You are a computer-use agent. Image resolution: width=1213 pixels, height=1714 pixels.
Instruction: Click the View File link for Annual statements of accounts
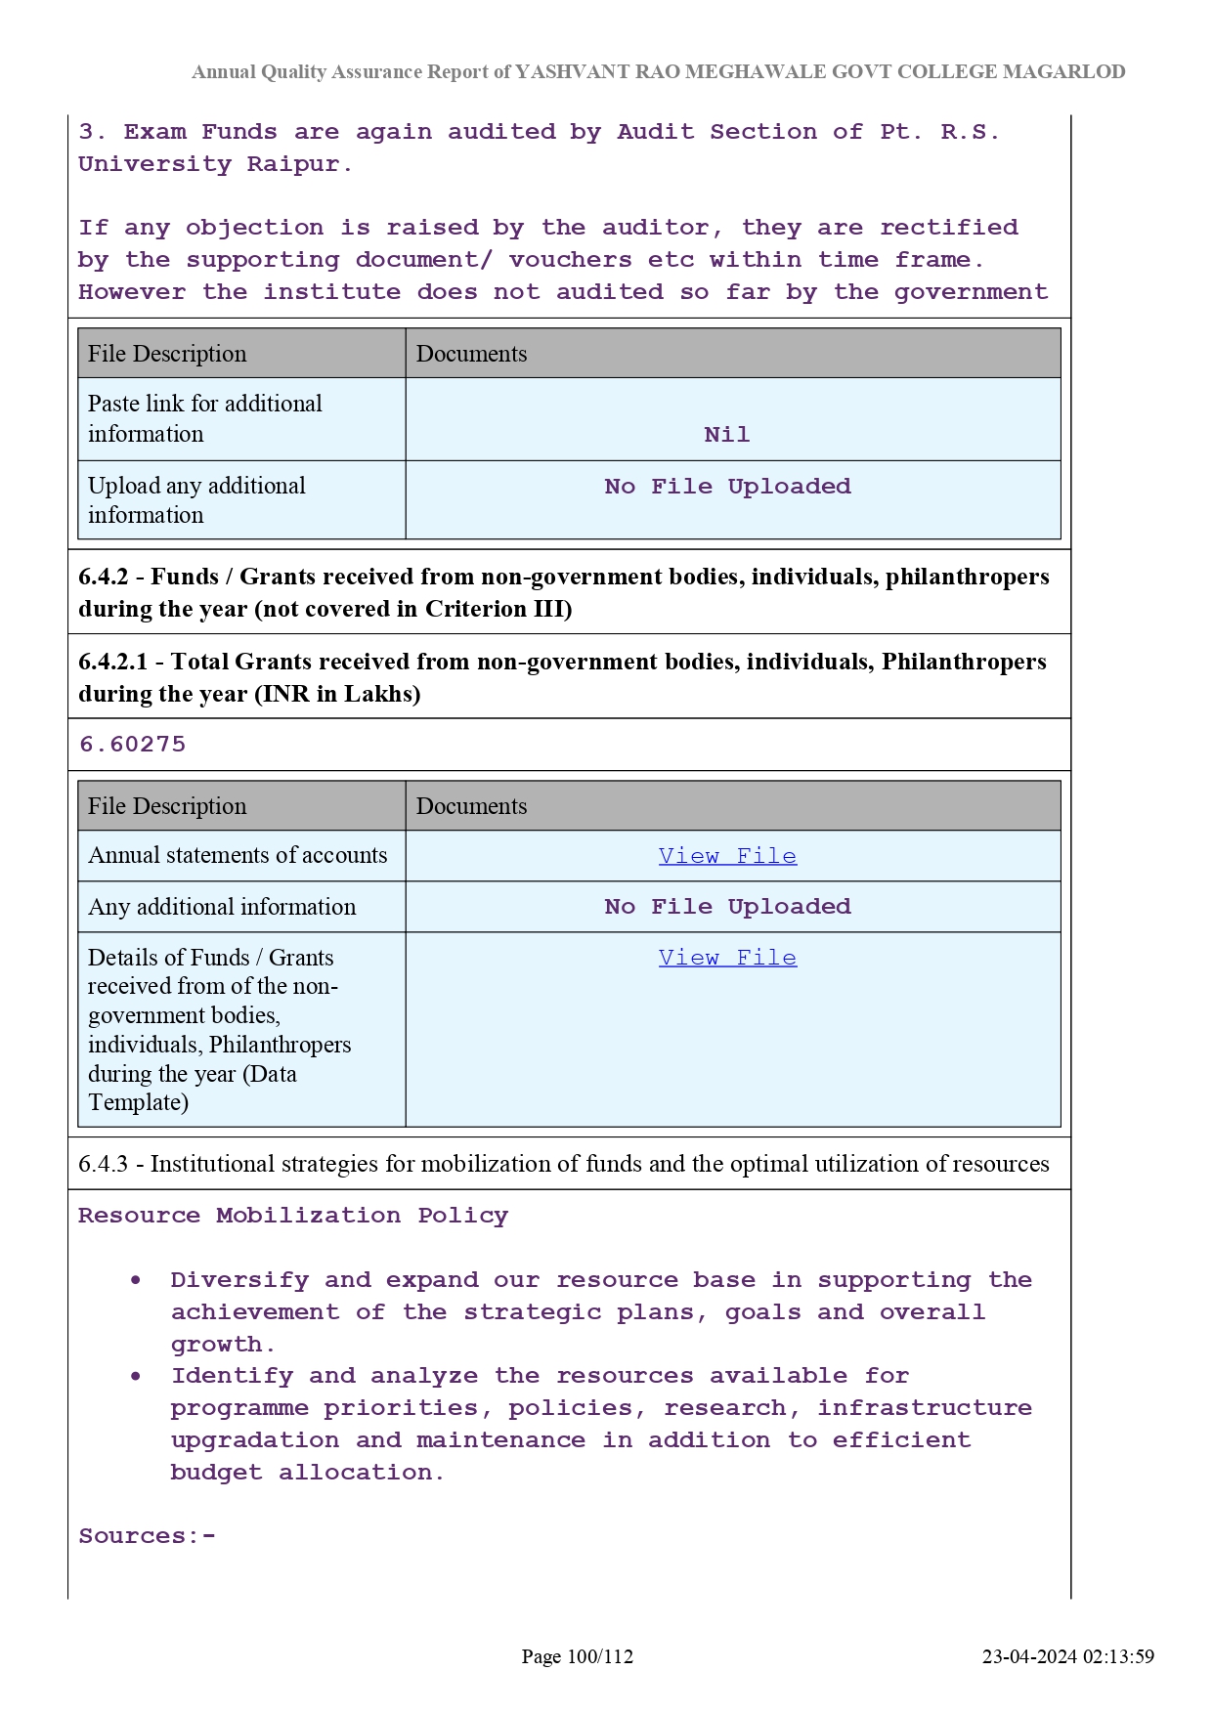[x=727, y=856]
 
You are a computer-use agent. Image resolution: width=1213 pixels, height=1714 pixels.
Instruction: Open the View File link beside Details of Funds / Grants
[x=727, y=958]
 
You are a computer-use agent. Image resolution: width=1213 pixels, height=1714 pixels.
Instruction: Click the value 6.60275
[x=132, y=745]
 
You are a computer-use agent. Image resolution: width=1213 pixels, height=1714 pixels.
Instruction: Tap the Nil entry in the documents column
[x=727, y=435]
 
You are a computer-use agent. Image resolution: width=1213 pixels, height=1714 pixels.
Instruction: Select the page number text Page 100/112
[x=577, y=1656]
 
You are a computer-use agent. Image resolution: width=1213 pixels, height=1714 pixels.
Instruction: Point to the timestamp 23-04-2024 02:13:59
[x=1067, y=1656]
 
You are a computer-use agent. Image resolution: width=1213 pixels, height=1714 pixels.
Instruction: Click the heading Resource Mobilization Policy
[x=293, y=1216]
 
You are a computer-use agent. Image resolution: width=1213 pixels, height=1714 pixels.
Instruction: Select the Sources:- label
[x=147, y=1536]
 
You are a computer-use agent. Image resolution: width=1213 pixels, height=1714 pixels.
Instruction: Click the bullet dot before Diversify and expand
[x=136, y=1280]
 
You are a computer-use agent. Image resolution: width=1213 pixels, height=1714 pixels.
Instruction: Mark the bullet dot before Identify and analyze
[x=136, y=1376]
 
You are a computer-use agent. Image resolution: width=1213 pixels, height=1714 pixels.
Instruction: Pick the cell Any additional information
[x=222, y=907]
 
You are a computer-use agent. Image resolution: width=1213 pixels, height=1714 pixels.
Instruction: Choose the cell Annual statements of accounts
[x=238, y=855]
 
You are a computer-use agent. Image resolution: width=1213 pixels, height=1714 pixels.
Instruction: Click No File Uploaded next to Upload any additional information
[x=727, y=487]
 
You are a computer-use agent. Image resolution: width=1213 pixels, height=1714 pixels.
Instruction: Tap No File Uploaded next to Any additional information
[x=727, y=907]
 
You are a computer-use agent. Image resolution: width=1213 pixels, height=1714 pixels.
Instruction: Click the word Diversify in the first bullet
[x=239, y=1280]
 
